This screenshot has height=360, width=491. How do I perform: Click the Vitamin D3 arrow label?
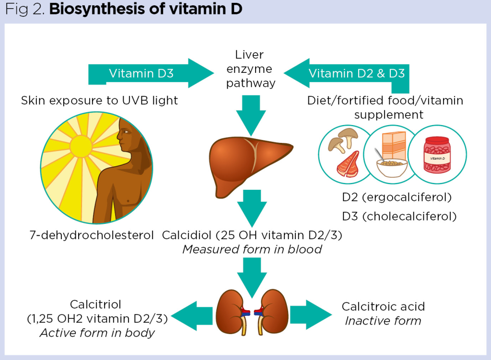(141, 73)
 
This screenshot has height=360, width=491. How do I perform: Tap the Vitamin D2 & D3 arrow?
(356, 73)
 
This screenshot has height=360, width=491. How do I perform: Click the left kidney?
(231, 312)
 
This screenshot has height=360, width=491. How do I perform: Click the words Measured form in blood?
(252, 249)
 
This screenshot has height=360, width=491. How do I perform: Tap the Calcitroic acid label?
(383, 306)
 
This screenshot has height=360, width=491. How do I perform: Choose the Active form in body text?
(97, 333)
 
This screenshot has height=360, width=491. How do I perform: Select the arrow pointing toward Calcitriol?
(192, 315)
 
